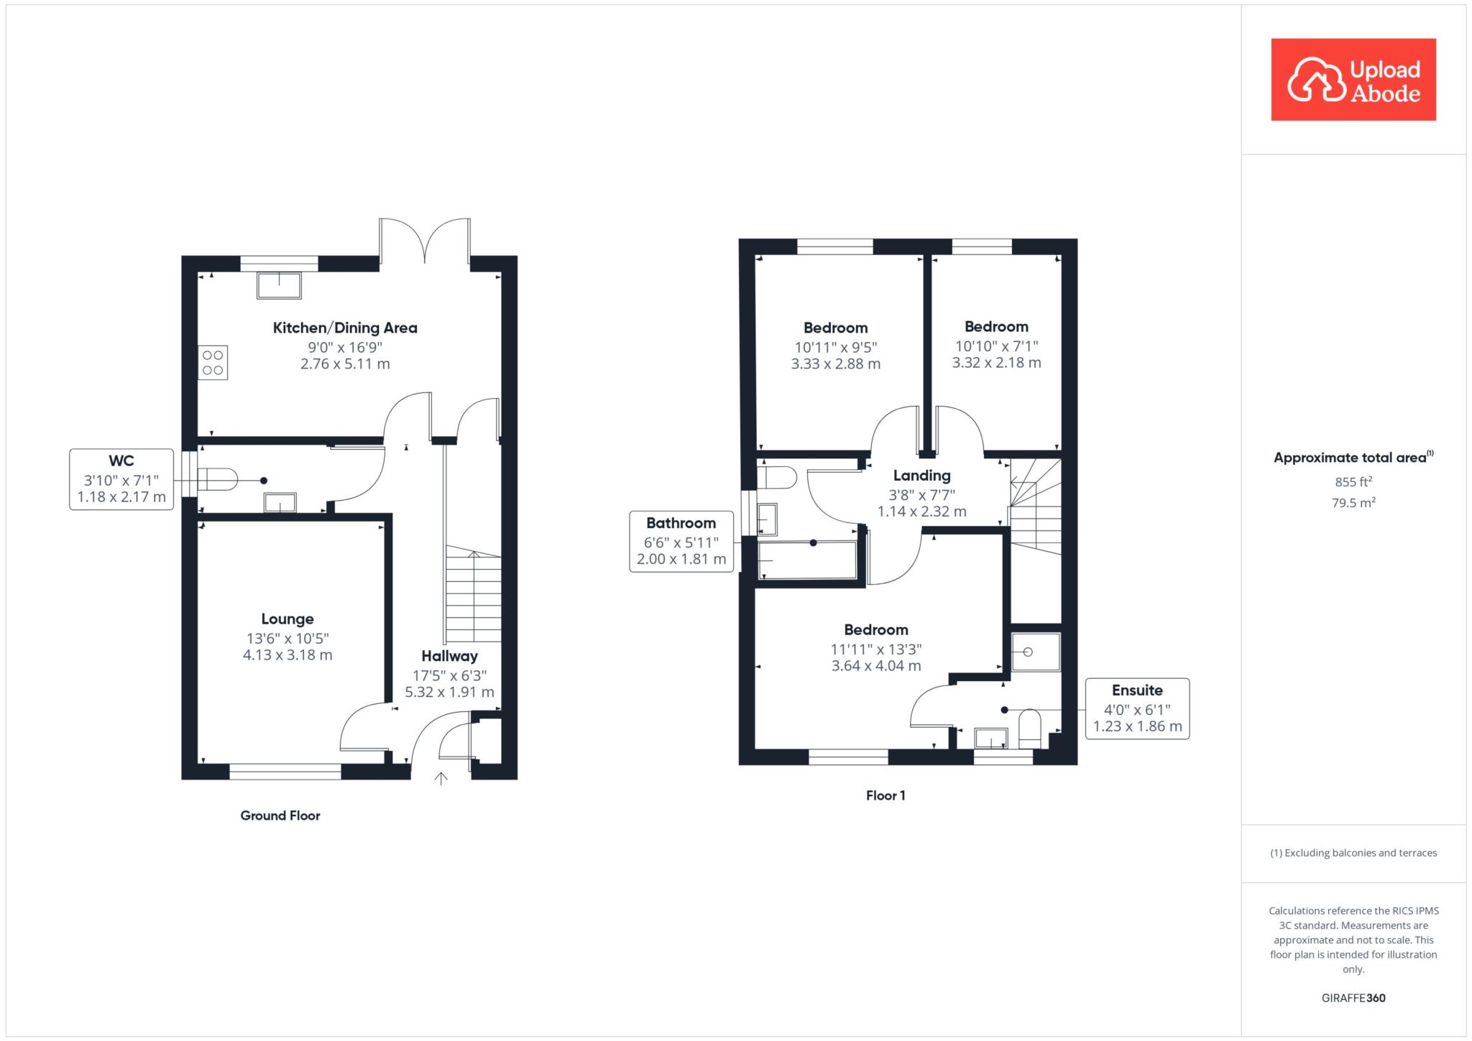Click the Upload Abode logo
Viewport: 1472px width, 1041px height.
point(1353,80)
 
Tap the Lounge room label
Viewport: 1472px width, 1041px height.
point(287,619)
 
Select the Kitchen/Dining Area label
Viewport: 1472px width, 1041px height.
point(345,328)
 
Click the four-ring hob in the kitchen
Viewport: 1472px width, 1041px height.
point(213,363)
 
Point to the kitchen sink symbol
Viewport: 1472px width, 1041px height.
point(280,286)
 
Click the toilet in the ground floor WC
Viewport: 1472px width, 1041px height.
point(218,480)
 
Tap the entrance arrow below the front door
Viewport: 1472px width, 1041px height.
point(441,779)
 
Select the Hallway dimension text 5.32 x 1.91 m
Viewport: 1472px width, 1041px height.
point(450,693)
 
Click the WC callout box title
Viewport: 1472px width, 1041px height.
point(121,461)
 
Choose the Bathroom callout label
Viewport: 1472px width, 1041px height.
point(681,524)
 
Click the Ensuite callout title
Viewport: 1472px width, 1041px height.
point(1137,690)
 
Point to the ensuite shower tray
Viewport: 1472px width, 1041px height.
point(1036,652)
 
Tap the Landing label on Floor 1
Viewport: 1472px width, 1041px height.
point(922,476)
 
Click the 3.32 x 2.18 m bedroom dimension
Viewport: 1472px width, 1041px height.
point(997,363)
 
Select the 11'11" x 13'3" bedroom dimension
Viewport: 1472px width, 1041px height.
point(876,649)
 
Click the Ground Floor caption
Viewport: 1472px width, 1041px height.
point(280,815)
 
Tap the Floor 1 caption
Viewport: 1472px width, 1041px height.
point(885,795)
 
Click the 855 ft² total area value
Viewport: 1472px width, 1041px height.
point(1353,482)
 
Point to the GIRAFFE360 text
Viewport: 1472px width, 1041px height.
point(1353,998)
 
